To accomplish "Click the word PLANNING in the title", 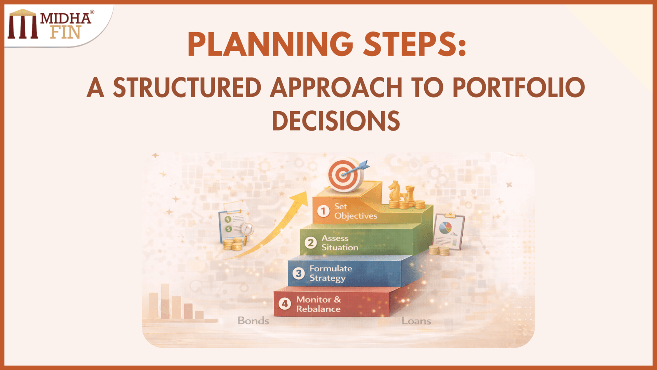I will coord(270,45).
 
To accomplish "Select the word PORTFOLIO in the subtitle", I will coord(519,88).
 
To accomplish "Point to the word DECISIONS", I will coord(336,121).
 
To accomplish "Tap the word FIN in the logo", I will coord(65,33).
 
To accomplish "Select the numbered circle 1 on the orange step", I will coord(323,211).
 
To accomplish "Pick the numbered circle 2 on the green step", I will coord(311,243).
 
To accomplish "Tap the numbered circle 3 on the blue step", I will coord(299,273).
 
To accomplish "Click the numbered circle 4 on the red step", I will coord(285,304).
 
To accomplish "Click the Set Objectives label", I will coord(356,211).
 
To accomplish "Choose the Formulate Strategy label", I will coord(331,273).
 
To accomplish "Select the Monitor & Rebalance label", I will coord(318,304).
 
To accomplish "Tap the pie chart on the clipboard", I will coord(445,227).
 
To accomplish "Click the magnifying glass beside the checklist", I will coord(247,230).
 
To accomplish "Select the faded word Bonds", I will coord(253,321).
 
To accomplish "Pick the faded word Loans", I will coord(416,321).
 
